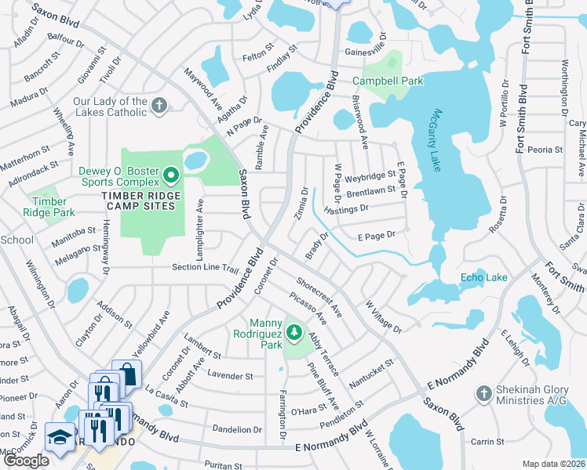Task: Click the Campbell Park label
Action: coord(387,81)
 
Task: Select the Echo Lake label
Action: coord(483,277)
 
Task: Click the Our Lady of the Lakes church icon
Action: coord(159,106)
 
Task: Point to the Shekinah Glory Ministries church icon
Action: coord(484,392)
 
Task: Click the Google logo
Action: coord(26,461)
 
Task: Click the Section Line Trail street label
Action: coord(206,268)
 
